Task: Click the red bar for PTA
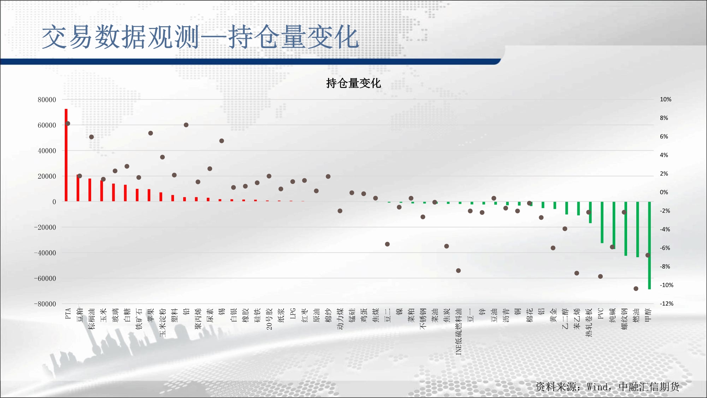pos(66,155)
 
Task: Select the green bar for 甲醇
pos(649,245)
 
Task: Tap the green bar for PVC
pos(602,222)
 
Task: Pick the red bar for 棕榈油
pos(90,190)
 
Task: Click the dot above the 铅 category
pos(186,125)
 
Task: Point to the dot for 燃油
pos(636,289)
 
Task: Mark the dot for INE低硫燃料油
pos(458,271)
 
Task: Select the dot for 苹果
pos(151,133)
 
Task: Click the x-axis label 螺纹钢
pos(624,319)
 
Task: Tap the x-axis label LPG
pos(293,313)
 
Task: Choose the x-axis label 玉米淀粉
pos(163,322)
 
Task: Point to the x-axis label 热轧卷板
pos(589,322)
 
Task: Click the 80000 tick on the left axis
pos(47,100)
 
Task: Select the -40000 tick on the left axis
pos(45,253)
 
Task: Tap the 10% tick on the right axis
pos(666,99)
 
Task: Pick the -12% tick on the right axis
pos(666,304)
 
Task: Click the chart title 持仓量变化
pos(353,83)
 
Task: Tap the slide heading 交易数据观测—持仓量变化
pos(200,37)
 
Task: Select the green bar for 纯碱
pos(614,225)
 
